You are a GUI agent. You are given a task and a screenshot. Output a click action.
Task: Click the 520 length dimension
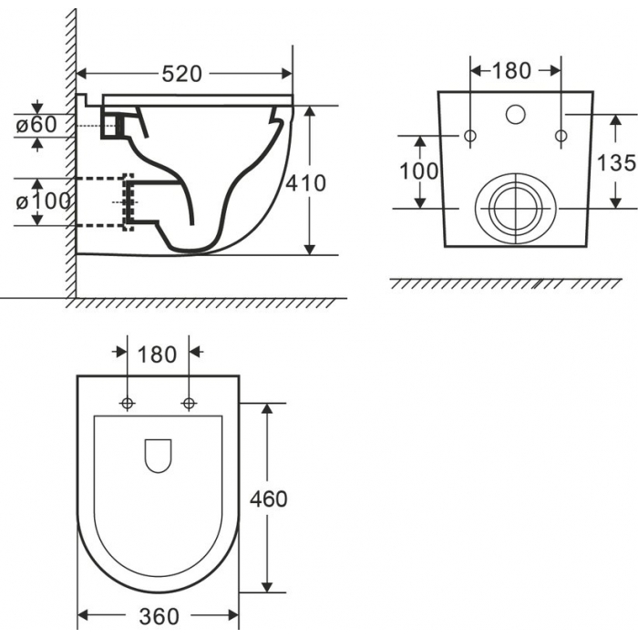click(182, 74)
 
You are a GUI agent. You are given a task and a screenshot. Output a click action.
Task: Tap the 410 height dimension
click(305, 183)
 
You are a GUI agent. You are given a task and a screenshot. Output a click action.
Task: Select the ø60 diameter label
click(36, 125)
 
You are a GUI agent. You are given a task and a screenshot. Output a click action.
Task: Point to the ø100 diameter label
click(43, 201)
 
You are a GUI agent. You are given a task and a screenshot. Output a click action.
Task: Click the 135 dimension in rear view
click(616, 163)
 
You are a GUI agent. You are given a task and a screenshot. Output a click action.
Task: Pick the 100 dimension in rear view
click(419, 171)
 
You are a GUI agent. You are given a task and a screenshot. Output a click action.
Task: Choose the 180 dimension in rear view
click(511, 71)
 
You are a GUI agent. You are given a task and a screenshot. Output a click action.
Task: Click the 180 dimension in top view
click(157, 355)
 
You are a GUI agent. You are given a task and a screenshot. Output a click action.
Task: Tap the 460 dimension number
click(269, 499)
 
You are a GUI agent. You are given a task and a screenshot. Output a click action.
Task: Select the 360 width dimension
click(159, 616)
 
